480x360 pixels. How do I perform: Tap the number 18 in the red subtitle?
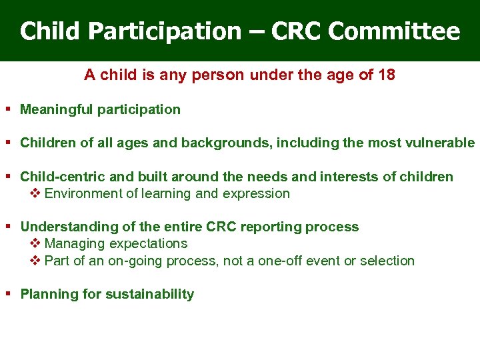[386, 75]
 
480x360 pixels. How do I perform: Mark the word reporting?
[271, 227]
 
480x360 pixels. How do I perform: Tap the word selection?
[387, 261]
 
